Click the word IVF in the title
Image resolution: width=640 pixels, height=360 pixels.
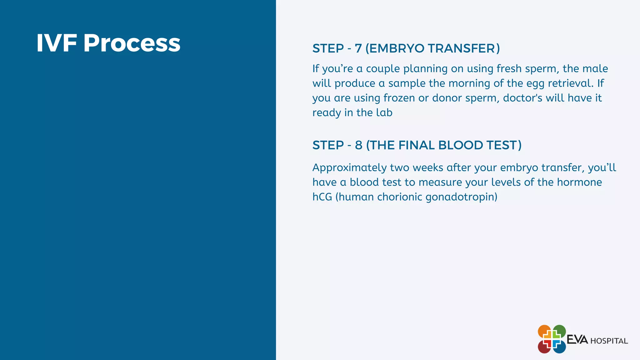point(57,43)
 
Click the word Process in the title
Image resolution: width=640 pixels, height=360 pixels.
point(132,43)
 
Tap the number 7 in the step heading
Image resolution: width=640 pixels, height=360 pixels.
point(358,48)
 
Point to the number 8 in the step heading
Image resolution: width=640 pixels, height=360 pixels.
point(358,145)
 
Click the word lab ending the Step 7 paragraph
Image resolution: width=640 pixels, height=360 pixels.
point(384,112)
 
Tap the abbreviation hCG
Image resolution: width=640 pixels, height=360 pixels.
point(322,197)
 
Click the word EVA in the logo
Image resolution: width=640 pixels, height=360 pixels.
point(577,339)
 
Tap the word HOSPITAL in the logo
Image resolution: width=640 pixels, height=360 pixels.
point(609,341)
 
